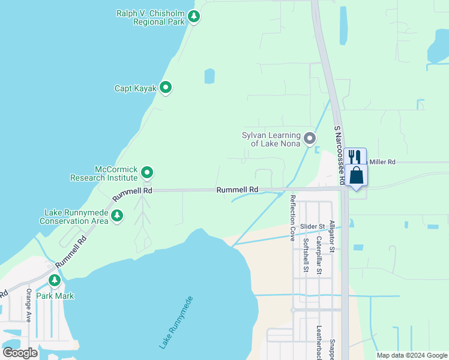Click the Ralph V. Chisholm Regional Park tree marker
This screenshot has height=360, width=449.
pyautogui.click(x=193, y=16)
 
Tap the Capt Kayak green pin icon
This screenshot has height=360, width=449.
pyautogui.click(x=166, y=88)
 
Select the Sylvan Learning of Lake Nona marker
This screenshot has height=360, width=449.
pyautogui.click(x=310, y=139)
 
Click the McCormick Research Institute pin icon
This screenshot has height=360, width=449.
pyautogui.click(x=147, y=173)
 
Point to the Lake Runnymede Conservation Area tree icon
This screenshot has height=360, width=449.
pyautogui.click(x=118, y=215)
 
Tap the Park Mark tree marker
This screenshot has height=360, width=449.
pyautogui.click(x=55, y=280)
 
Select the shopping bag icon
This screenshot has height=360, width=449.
pyautogui.click(x=356, y=175)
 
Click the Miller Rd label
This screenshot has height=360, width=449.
pyautogui.click(x=382, y=162)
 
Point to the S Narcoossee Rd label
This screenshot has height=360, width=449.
pyautogui.click(x=339, y=155)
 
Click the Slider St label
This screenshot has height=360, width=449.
pyautogui.click(x=312, y=226)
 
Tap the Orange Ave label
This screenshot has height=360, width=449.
pyautogui.click(x=28, y=305)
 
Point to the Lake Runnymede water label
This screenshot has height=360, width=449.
pyautogui.click(x=176, y=322)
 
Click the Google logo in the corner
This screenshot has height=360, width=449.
pyautogui.click(x=20, y=353)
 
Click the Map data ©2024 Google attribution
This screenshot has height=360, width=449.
pyautogui.click(x=412, y=355)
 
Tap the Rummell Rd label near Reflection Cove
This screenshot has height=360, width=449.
pyautogui.click(x=237, y=190)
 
